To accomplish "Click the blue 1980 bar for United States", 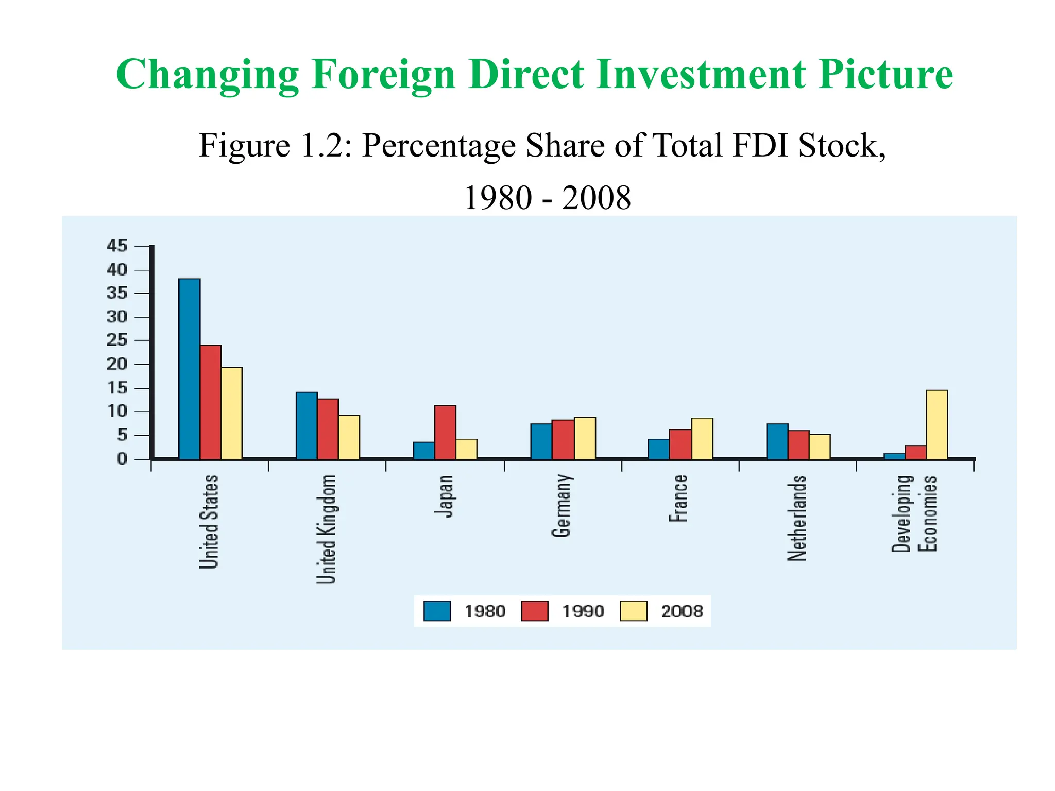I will pyautogui.click(x=189, y=368).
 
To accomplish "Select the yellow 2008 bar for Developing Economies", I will pyautogui.click(x=937, y=424).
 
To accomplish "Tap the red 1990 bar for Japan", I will pyautogui.click(x=445, y=432).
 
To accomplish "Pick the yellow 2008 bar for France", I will pyautogui.click(x=702, y=438).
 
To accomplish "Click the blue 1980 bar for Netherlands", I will pyautogui.click(x=777, y=441).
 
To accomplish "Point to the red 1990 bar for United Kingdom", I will pyautogui.click(x=328, y=429).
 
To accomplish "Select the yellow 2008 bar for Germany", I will pyautogui.click(x=585, y=438).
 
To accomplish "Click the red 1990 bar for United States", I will pyautogui.click(x=211, y=402).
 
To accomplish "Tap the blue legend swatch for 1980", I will pyautogui.click(x=437, y=611).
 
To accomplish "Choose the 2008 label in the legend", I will pyautogui.click(x=682, y=611).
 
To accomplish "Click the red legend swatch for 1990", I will pyautogui.click(x=534, y=611).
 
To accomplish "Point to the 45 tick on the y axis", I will pyautogui.click(x=117, y=246).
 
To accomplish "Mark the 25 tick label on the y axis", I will pyautogui.click(x=117, y=340).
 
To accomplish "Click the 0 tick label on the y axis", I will pyautogui.click(x=122, y=459).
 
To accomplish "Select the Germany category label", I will pyautogui.click(x=561, y=506).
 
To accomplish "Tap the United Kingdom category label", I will pyautogui.click(x=326, y=529).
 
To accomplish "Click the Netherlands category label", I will pyautogui.click(x=797, y=518).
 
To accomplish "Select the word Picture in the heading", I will pyautogui.click(x=885, y=75).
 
